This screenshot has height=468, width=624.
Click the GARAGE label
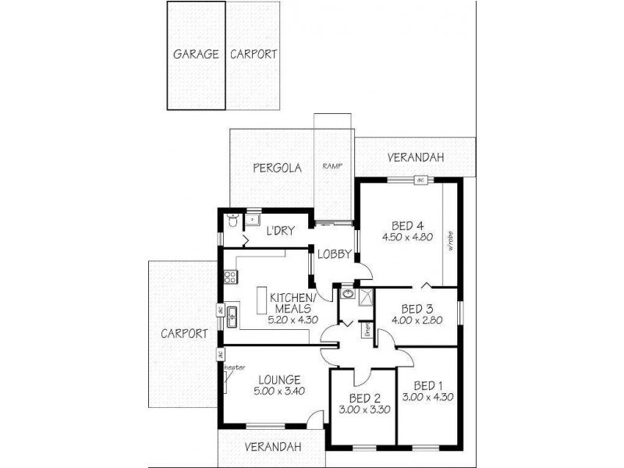pos(195,55)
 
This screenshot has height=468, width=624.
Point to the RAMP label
pos(333,166)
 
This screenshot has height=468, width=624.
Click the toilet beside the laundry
pos(231,223)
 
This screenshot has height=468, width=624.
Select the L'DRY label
pos(280,232)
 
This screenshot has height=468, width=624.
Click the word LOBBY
pos(334,253)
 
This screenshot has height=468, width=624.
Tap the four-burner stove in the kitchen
pos(230,276)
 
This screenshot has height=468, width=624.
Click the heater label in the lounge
pos(234,367)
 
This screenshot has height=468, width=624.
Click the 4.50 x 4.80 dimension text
pos(407,237)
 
